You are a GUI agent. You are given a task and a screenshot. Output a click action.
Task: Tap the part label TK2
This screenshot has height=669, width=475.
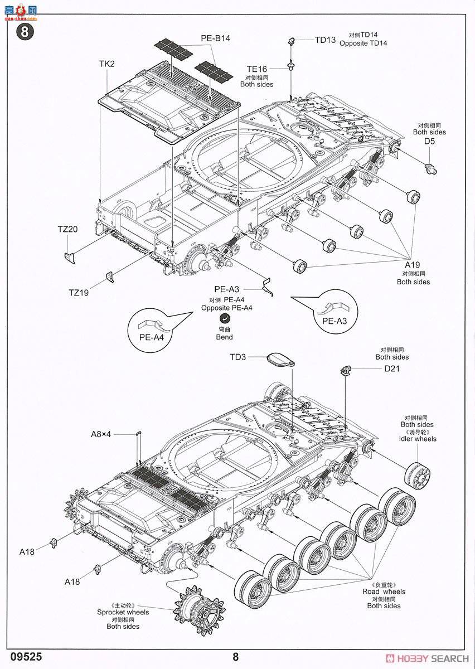click(x=106, y=64)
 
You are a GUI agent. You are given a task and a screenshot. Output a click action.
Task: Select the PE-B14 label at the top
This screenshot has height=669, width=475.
click(x=215, y=38)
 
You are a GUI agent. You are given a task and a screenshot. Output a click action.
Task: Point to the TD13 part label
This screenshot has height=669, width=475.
click(x=325, y=40)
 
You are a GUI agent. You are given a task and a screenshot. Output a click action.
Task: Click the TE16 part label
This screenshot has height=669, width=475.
click(x=256, y=69)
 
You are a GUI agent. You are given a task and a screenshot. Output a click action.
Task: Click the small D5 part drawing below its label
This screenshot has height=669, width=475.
click(x=432, y=167)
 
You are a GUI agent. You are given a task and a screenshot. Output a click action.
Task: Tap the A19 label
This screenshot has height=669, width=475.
click(x=413, y=265)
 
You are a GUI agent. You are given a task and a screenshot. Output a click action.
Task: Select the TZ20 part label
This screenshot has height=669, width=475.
click(x=67, y=229)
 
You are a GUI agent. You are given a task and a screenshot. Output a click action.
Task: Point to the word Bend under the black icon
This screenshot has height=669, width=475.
click(x=224, y=337)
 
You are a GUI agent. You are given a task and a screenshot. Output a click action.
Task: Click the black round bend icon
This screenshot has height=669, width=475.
click(x=224, y=318)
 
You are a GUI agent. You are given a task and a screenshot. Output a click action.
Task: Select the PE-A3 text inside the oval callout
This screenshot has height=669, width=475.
click(x=335, y=321)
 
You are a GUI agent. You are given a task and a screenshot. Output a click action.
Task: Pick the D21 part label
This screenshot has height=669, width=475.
click(x=392, y=369)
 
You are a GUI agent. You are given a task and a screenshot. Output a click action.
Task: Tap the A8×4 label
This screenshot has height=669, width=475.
click(x=101, y=434)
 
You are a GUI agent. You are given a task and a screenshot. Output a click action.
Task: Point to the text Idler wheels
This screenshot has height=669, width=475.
click(x=418, y=439)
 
